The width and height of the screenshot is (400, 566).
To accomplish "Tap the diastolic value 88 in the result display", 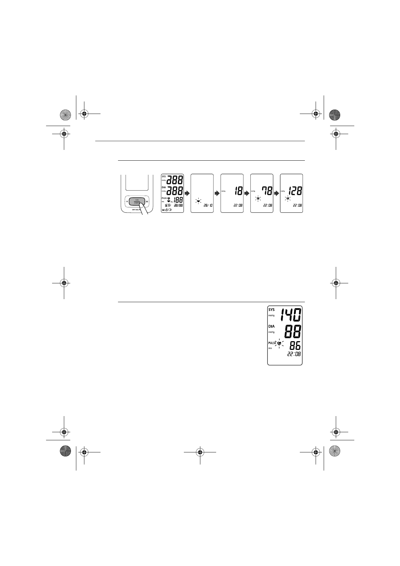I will pos(293,332).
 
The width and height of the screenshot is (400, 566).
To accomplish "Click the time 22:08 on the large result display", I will pos(294,354).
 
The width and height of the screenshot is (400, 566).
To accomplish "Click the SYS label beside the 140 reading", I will pos(271,310).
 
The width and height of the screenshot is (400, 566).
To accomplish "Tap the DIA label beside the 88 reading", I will pos(271,326).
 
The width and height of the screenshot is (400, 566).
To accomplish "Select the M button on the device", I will pos(147,202).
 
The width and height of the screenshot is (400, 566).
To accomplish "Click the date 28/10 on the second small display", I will pos(208,205).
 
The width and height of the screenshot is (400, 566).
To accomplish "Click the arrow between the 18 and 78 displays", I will pos(247,194).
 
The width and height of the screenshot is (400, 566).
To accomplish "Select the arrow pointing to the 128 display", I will pos(277,194).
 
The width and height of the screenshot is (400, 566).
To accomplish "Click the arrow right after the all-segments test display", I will pos(187,194).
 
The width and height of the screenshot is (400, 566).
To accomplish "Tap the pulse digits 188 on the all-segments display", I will pos(178,200).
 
